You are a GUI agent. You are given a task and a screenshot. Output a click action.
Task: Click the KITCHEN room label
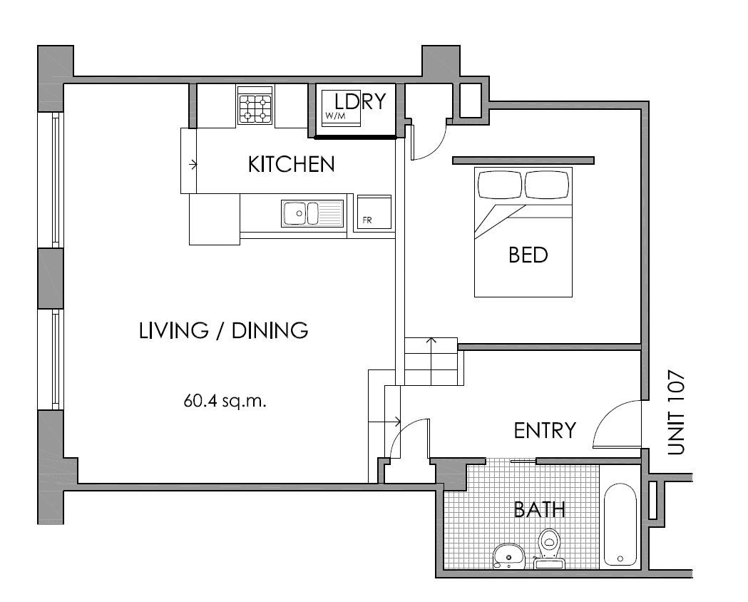291,164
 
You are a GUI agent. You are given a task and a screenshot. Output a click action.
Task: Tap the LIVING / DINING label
223,330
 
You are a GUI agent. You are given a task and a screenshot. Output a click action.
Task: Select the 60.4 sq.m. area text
225,401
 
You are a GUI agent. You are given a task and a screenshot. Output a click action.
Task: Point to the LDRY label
359,101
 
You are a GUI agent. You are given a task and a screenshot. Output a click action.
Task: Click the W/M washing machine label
335,116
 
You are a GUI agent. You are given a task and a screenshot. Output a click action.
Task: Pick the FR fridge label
367,220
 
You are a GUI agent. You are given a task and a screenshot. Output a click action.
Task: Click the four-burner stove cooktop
255,106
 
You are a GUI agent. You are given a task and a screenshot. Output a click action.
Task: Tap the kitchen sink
312,213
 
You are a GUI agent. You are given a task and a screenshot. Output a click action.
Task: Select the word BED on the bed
528,255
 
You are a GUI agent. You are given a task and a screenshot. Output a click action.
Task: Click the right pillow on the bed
547,184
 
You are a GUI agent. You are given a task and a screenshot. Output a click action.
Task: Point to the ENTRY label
545,431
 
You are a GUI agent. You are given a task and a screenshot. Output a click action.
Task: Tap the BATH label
540,509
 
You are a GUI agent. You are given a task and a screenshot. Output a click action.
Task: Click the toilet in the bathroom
550,549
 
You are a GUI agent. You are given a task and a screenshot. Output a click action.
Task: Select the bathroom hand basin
508,556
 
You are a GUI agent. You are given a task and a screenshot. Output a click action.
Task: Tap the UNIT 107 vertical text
677,412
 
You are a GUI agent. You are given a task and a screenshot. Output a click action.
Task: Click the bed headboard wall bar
523,160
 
